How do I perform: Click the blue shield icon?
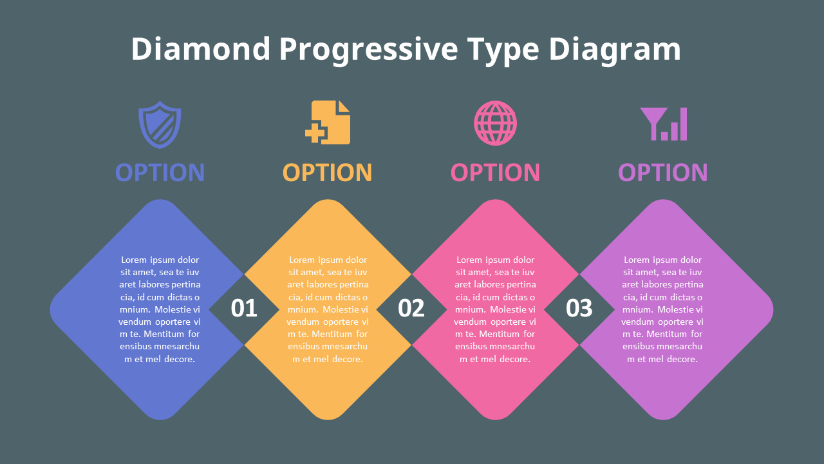tap(160, 124)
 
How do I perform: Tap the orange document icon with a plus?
tap(328, 122)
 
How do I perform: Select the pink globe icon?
tap(495, 123)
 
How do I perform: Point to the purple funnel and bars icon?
tap(663, 124)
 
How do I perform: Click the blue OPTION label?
tap(160, 173)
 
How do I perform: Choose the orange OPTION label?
tap(327, 173)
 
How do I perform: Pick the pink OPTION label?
tap(495, 173)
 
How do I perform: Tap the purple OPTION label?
tap(662, 173)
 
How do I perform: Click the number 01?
tap(244, 309)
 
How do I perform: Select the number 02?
tap(411, 309)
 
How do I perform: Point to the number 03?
tap(579, 309)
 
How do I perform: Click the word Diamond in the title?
tap(201, 50)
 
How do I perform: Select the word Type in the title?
tap(503, 50)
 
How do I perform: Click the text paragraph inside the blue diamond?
tap(160, 309)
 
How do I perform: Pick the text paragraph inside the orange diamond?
tap(328, 309)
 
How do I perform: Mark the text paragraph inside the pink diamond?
tap(495, 309)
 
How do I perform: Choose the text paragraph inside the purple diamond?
tap(662, 309)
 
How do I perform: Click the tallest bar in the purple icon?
tap(683, 124)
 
